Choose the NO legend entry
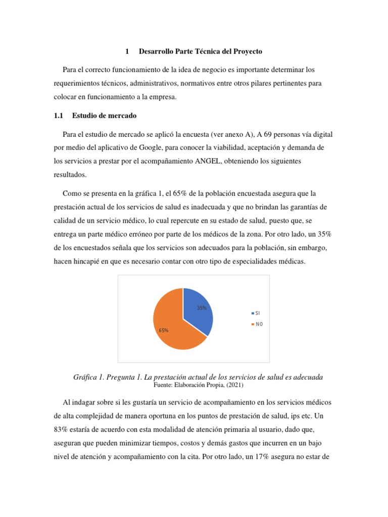point(258,324)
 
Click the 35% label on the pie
point(202,307)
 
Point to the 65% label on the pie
point(163,330)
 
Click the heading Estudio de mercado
point(105,116)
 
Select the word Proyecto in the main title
point(246,51)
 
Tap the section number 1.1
point(58,116)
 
